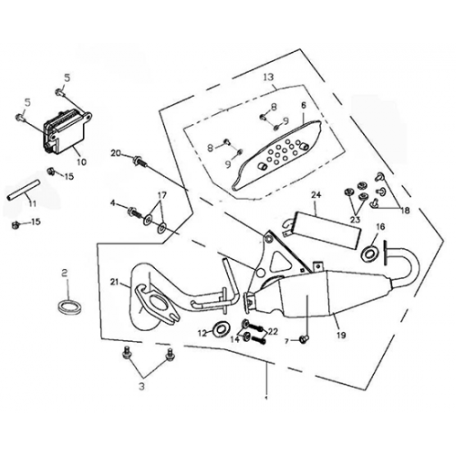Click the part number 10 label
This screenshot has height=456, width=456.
[x=82, y=161]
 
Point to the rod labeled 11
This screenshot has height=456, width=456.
[x=24, y=190]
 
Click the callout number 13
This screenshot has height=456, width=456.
[x=269, y=77]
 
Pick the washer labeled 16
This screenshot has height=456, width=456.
[x=368, y=253]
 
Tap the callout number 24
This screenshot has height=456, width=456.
[x=316, y=194]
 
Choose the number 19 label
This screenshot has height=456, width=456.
[x=341, y=335]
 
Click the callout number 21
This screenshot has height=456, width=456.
[x=114, y=282]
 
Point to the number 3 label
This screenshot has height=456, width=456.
[x=141, y=387]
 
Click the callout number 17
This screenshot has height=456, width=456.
[x=162, y=195]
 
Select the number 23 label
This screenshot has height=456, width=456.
[x=356, y=219]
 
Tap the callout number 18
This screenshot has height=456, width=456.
[x=405, y=211]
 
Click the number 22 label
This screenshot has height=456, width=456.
[x=273, y=332]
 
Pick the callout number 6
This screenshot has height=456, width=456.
[x=304, y=106]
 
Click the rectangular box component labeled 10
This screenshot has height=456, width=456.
[x=67, y=132]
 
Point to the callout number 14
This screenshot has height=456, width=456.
[x=234, y=339]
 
